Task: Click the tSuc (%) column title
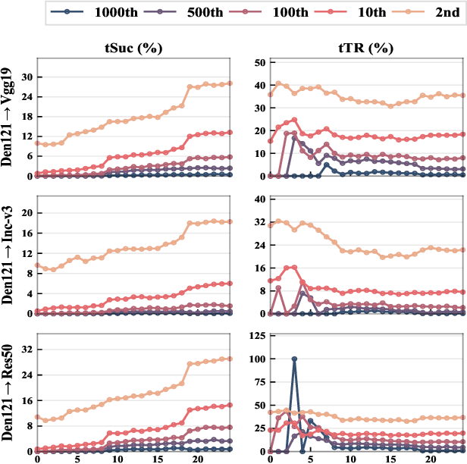[x=134, y=48]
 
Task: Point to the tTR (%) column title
[x=367, y=48]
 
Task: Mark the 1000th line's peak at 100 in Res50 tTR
[x=293, y=359]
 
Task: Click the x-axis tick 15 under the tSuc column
[x=158, y=457]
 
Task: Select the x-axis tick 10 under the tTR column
[x=350, y=457]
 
